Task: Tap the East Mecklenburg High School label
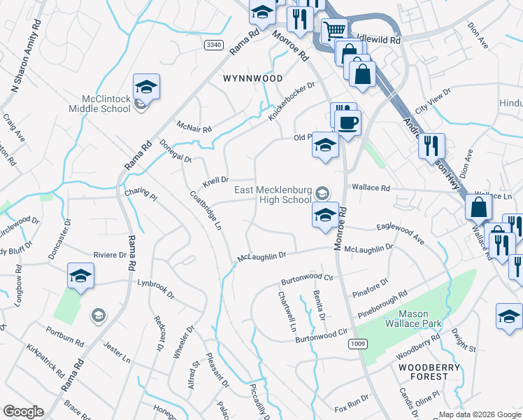[x=272, y=194]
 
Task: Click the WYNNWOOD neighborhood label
[x=252, y=78]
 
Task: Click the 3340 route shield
[x=214, y=45]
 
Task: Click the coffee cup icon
[x=348, y=122]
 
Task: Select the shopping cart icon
[x=334, y=30]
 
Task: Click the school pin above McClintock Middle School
[x=146, y=87]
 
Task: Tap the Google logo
[x=23, y=412]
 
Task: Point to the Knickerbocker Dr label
[x=292, y=101]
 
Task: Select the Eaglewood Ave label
[x=401, y=234]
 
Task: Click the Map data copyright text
[x=480, y=414]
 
